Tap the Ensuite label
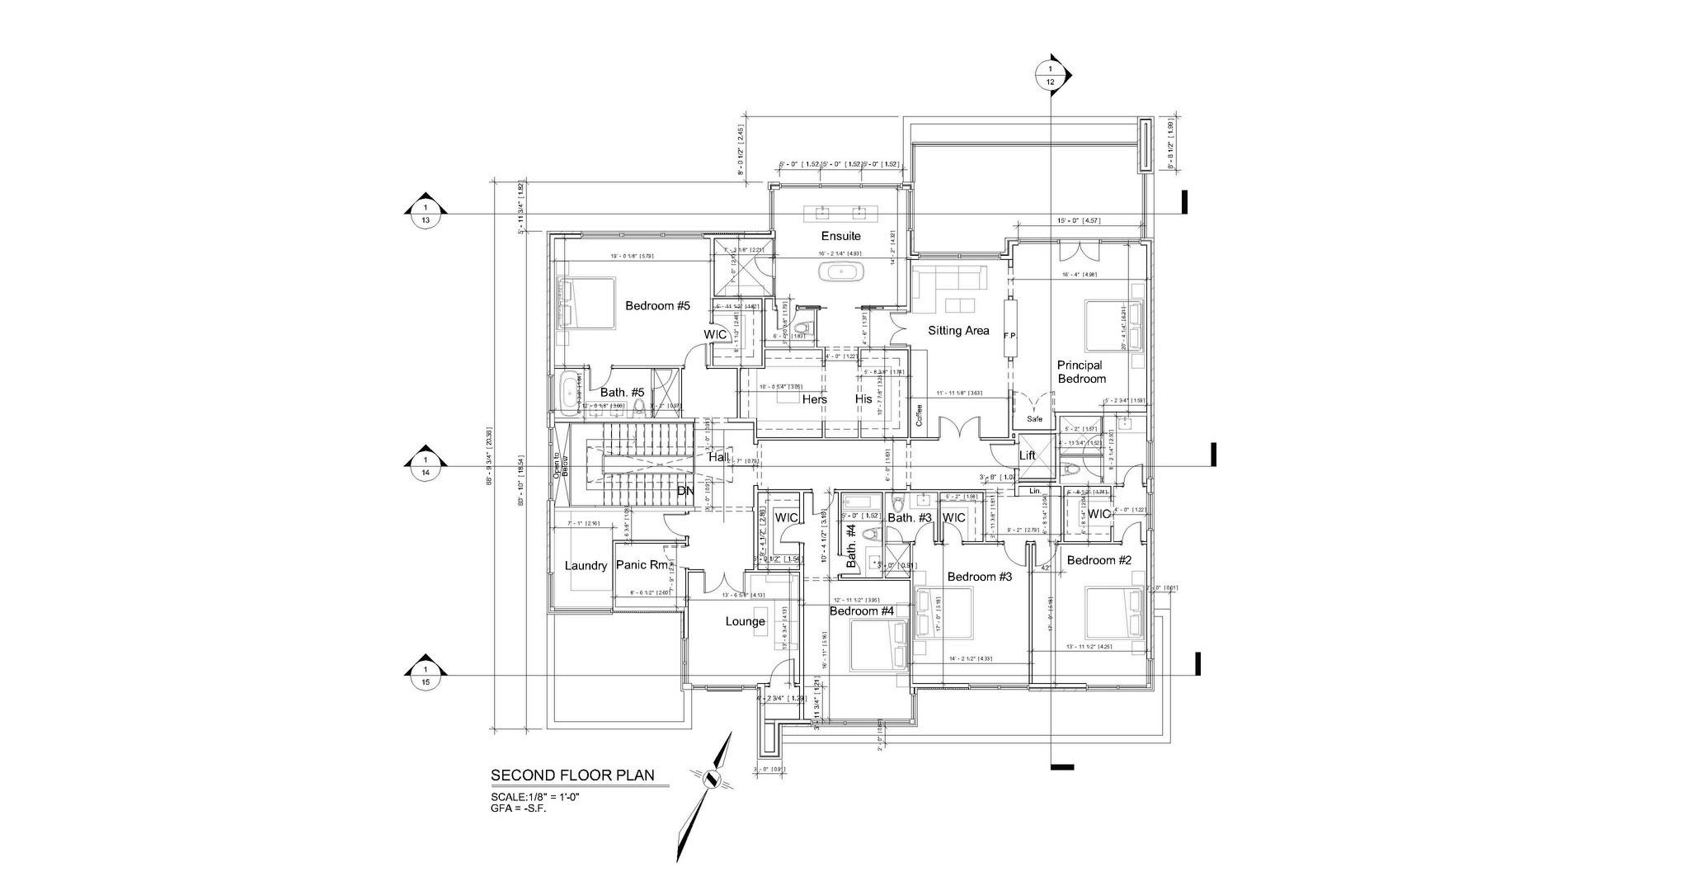click(840, 236)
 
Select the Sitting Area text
click(958, 331)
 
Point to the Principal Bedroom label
click(1080, 372)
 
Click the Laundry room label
click(586, 566)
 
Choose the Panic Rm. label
click(642, 566)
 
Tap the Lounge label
click(745, 621)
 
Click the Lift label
click(1027, 455)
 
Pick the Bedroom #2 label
click(1099, 560)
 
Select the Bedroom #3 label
click(979, 577)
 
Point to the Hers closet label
click(814, 399)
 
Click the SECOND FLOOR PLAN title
click(572, 775)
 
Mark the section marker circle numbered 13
click(426, 214)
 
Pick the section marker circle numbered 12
click(1051, 75)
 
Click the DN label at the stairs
click(685, 492)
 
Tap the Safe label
click(1034, 419)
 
